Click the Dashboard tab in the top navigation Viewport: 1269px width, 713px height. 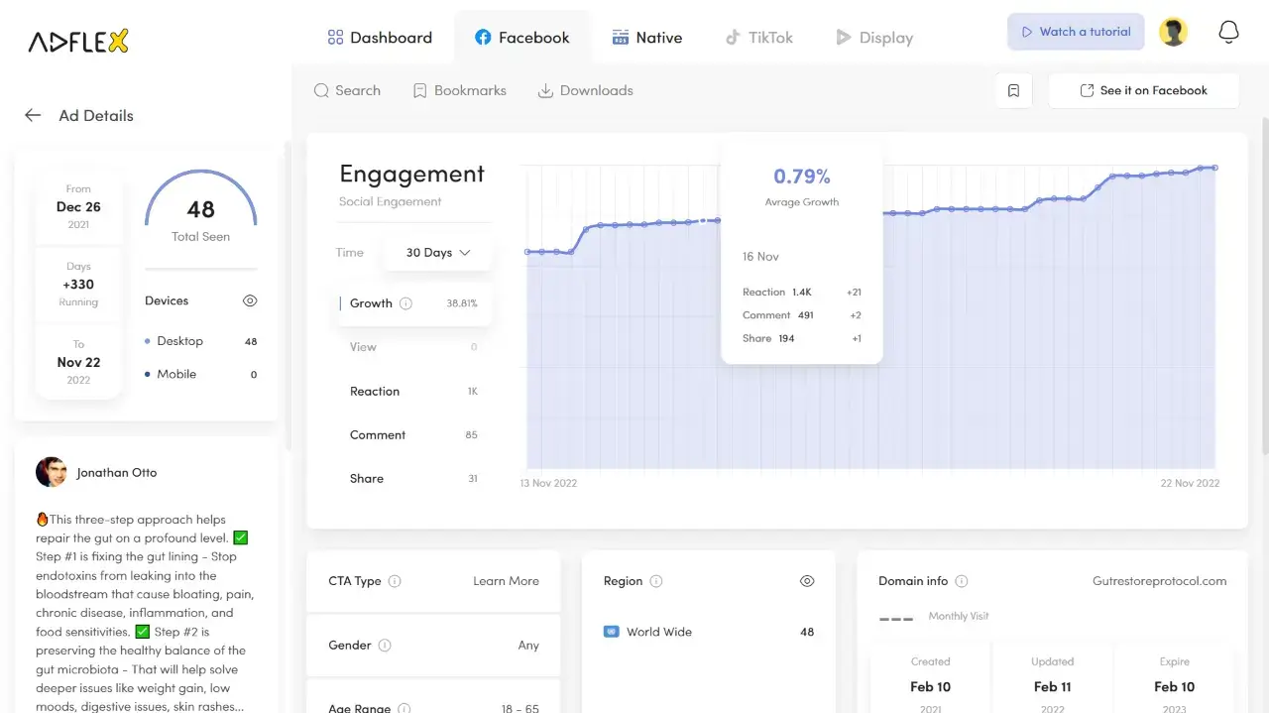380,38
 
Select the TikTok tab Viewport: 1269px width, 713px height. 758,38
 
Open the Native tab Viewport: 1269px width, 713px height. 647,38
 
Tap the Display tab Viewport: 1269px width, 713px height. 873,38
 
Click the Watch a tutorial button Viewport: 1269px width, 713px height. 1076,32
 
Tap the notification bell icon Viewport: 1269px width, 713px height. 1228,32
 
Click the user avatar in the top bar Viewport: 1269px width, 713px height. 1173,32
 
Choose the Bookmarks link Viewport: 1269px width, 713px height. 460,90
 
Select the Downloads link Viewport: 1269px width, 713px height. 585,90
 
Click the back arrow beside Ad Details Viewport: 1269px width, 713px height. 33,115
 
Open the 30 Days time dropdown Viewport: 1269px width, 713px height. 437,253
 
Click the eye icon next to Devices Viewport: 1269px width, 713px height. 250,300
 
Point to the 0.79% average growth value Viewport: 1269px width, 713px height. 802,177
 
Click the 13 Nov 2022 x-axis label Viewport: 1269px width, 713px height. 548,483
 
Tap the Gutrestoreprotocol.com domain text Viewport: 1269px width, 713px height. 1159,581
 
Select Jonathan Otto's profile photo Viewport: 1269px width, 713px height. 51,472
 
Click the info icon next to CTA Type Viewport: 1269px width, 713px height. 395,581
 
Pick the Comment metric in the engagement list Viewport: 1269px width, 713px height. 378,434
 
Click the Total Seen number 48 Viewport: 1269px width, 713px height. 200,209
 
